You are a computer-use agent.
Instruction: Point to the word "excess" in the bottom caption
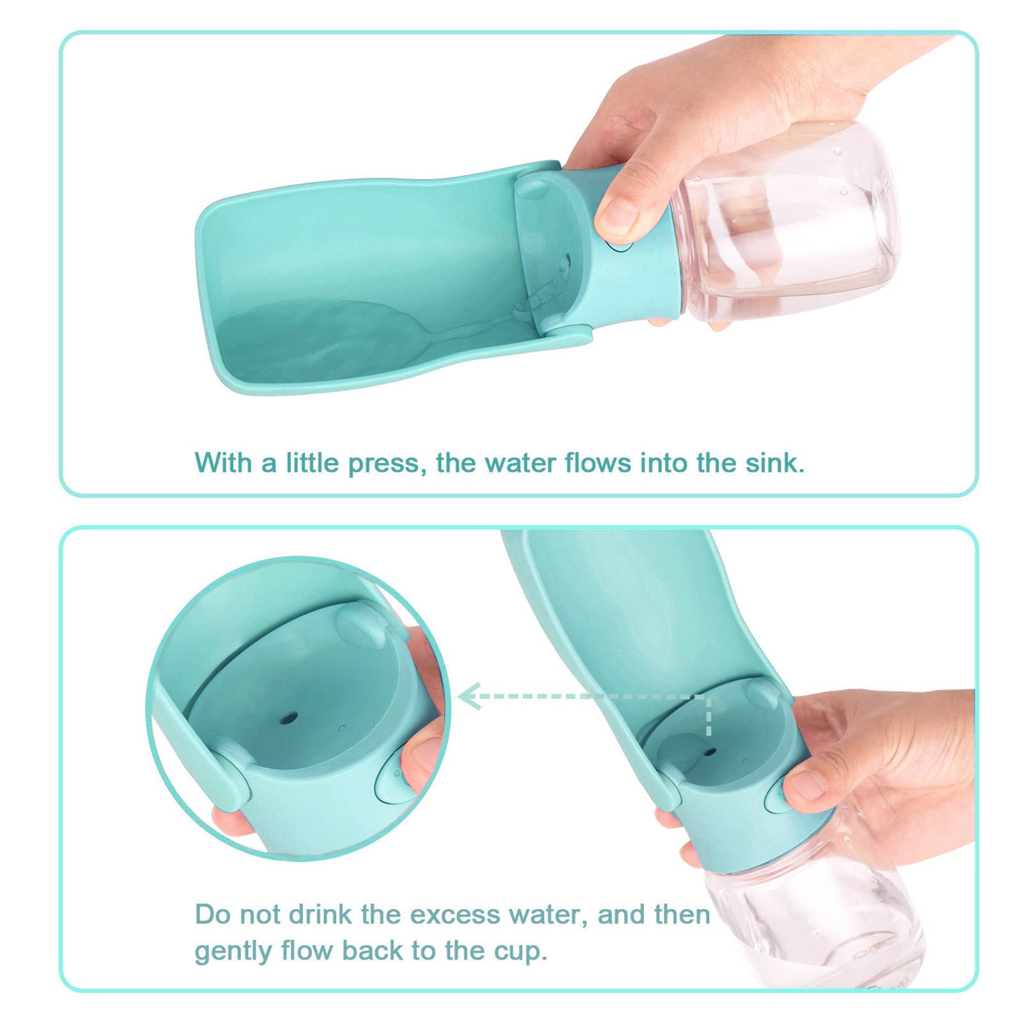pyautogui.click(x=455, y=914)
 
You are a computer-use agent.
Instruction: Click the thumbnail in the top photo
pyautogui.click(x=617, y=216)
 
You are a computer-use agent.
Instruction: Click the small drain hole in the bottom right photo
pyautogui.click(x=710, y=751)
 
